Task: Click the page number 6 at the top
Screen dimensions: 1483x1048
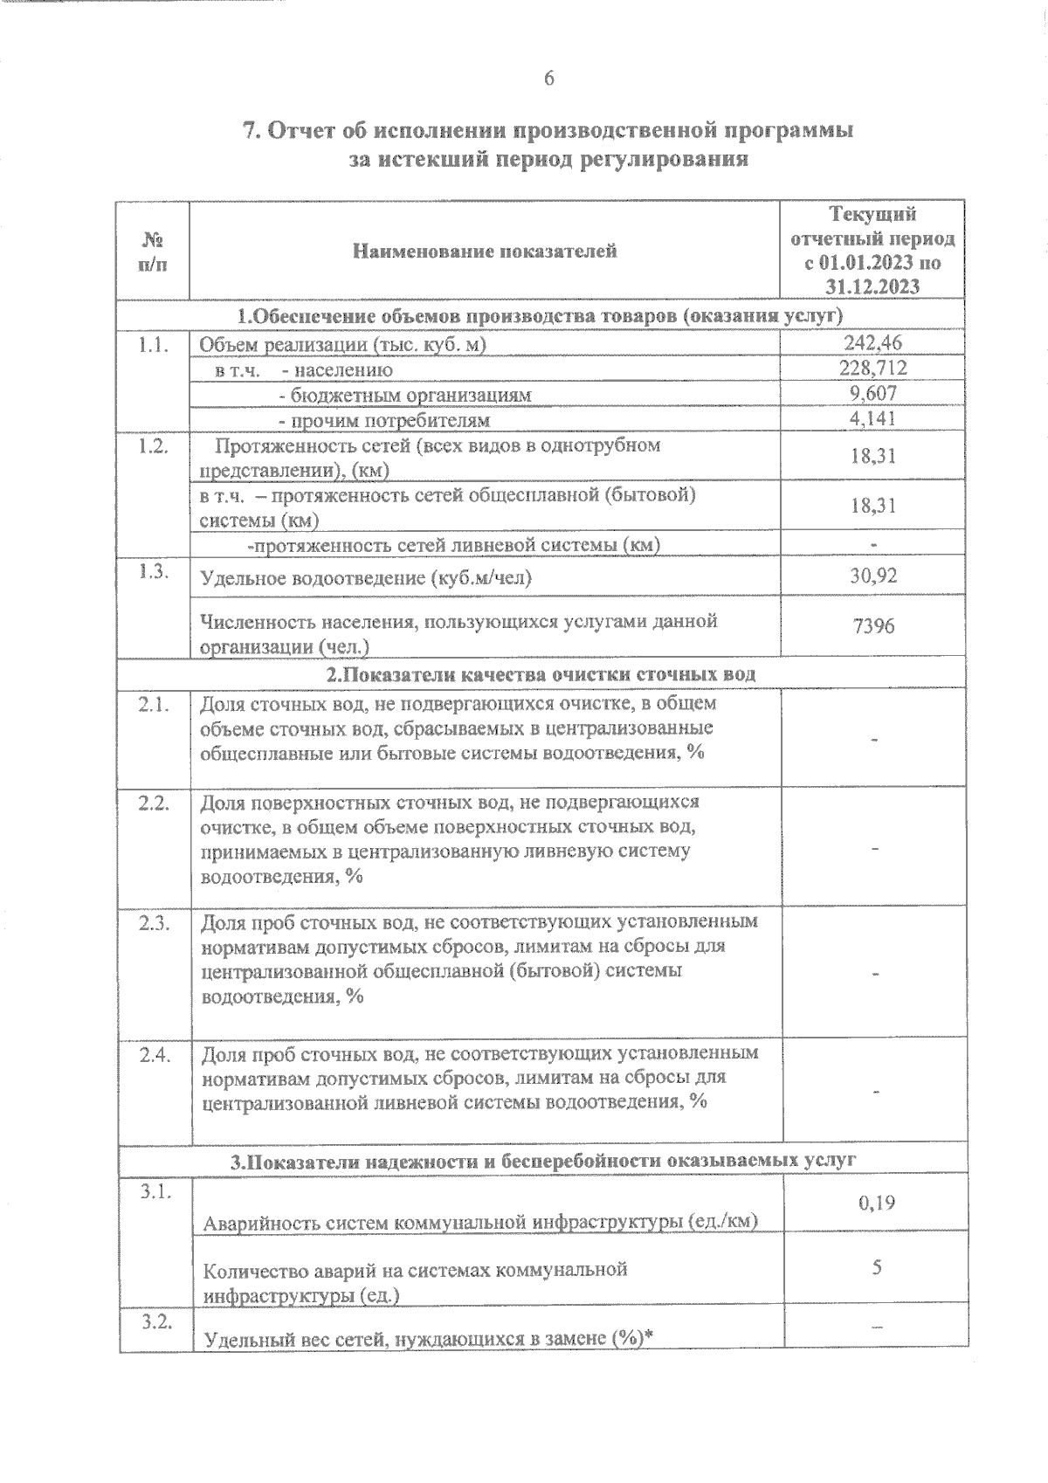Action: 548,79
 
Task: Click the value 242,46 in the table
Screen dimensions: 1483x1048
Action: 872,343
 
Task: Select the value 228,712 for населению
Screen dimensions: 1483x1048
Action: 872,369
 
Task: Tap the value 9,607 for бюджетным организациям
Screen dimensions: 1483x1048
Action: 872,394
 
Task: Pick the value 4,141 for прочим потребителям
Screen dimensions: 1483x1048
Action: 872,419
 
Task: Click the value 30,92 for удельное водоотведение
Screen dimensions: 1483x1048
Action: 872,576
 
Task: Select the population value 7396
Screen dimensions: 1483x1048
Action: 872,626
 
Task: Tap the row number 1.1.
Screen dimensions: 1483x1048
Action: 153,344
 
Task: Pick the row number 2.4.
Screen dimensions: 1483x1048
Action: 153,1054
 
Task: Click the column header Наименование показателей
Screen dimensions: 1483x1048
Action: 485,252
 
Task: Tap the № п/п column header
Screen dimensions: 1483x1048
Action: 153,251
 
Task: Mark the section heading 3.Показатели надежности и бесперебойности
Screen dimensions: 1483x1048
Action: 542,1161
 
